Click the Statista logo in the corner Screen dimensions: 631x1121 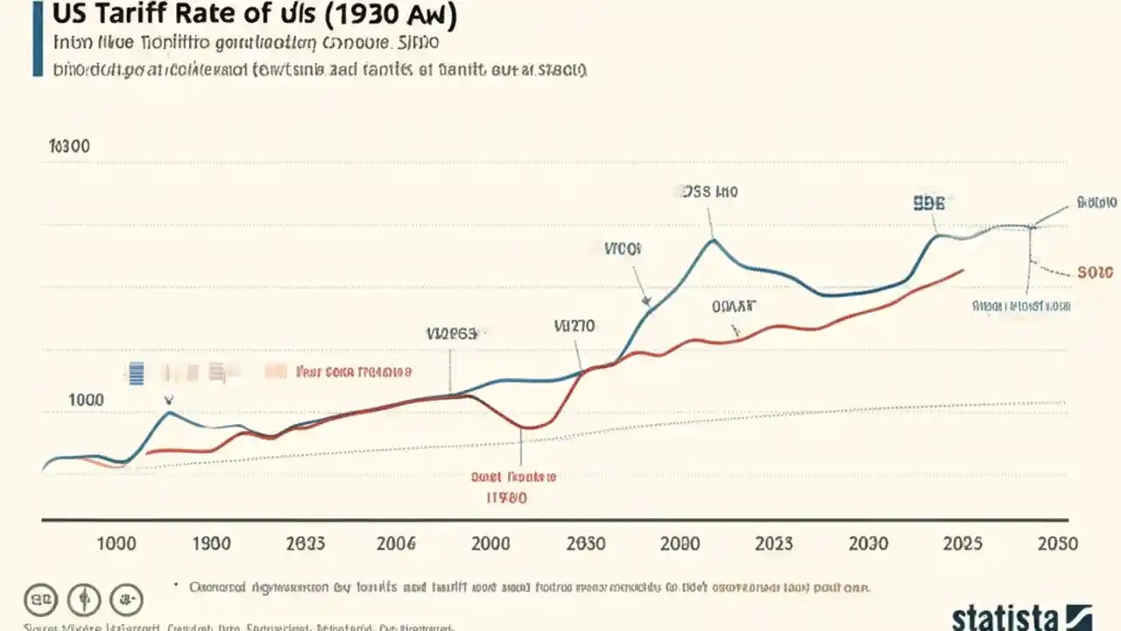click(x=1021, y=615)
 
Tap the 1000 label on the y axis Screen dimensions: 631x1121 click(x=86, y=400)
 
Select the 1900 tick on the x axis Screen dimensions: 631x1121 click(x=210, y=543)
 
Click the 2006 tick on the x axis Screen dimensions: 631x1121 click(x=396, y=543)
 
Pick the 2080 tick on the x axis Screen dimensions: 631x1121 click(x=680, y=543)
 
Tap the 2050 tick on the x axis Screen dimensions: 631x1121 click(x=1057, y=543)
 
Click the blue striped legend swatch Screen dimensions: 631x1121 click(x=136, y=373)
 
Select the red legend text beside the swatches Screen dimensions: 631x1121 click(x=354, y=372)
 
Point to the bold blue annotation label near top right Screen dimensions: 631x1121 click(x=928, y=203)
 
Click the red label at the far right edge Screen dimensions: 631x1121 click(x=1095, y=273)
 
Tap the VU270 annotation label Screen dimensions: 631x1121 click(x=575, y=326)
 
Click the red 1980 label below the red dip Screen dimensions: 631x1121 click(x=506, y=498)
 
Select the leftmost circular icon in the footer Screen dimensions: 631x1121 click(x=40, y=600)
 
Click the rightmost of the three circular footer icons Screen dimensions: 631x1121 click(x=127, y=600)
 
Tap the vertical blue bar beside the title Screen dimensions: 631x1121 click(x=38, y=39)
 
